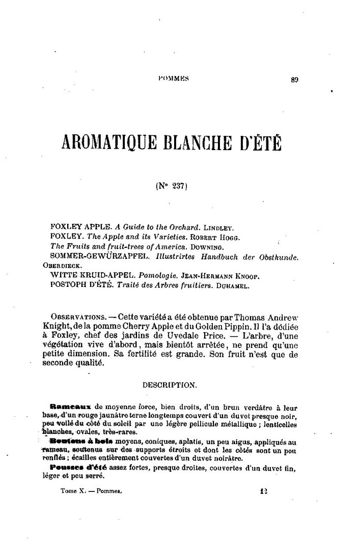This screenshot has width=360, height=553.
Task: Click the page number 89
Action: [294, 79]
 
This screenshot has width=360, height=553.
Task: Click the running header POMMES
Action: [174, 78]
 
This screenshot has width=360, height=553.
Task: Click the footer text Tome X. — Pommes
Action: [85, 492]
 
